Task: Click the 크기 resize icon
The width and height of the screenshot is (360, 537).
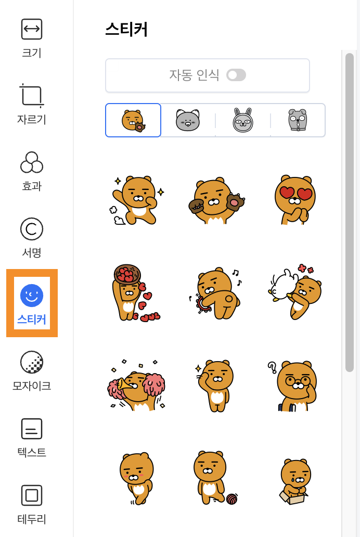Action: [32, 29]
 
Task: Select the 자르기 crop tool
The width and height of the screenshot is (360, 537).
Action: [32, 95]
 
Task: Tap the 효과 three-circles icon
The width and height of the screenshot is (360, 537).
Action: [32, 162]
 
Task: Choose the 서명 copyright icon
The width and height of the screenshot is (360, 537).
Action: [32, 229]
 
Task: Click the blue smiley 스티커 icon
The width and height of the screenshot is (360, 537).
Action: [32, 295]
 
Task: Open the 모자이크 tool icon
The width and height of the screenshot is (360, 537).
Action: [32, 362]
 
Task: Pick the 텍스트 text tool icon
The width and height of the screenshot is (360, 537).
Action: [32, 428]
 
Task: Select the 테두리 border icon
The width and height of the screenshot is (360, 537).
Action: [32, 495]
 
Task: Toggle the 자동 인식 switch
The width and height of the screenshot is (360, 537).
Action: [236, 75]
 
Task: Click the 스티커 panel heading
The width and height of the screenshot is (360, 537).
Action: [126, 29]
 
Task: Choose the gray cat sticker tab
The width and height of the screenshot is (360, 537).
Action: [188, 120]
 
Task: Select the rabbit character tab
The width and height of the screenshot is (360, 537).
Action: [243, 120]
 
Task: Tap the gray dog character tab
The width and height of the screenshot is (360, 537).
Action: [298, 120]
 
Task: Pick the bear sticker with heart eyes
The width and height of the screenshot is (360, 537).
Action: [295, 200]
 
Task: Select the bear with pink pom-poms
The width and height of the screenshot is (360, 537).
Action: [136, 386]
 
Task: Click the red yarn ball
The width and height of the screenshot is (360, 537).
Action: [232, 498]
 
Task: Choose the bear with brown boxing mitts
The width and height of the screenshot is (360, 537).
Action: [216, 201]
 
